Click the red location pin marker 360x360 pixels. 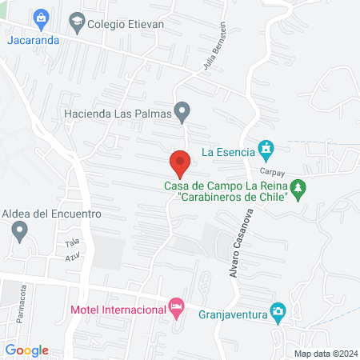click(x=180, y=163)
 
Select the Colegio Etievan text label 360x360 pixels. click(x=126, y=24)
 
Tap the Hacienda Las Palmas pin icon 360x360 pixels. click(x=182, y=111)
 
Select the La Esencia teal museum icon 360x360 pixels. click(x=266, y=149)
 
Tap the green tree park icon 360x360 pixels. click(x=298, y=190)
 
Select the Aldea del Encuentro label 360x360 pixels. click(x=50, y=214)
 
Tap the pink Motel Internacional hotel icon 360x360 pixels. click(x=174, y=307)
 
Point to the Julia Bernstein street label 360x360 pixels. click(x=217, y=54)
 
